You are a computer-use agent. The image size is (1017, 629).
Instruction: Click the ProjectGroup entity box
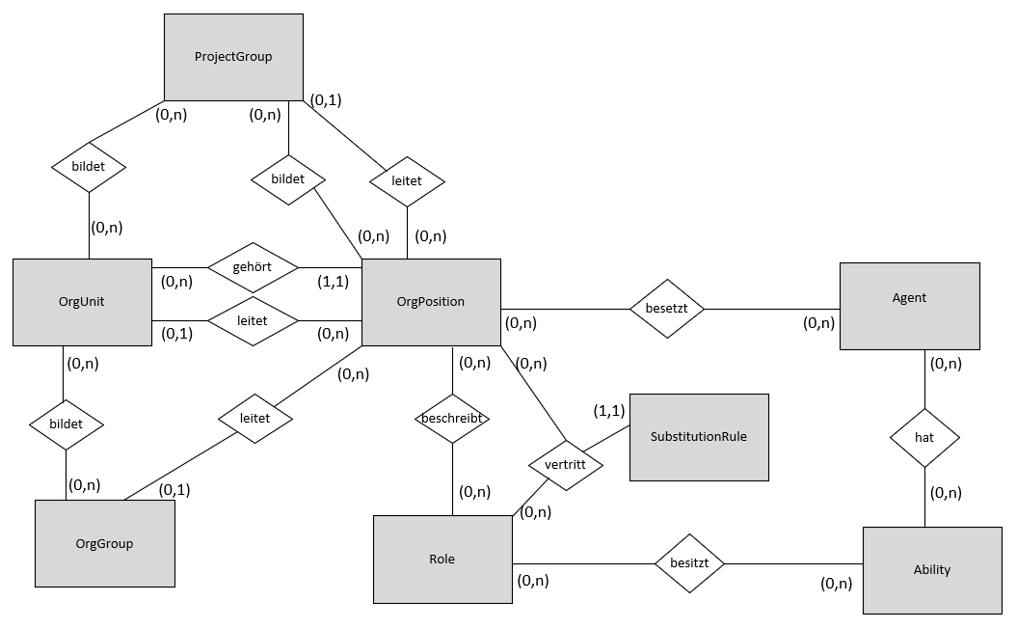tap(233, 57)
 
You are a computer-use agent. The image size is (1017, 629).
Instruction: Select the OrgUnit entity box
tap(82, 302)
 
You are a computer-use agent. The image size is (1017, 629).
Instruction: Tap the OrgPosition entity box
tap(431, 302)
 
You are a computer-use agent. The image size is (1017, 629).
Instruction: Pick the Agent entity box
tap(909, 306)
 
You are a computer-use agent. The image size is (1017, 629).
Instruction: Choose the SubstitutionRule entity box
tap(699, 437)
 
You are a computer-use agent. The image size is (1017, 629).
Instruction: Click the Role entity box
tap(443, 559)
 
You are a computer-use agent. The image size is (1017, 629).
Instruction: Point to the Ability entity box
tap(932, 570)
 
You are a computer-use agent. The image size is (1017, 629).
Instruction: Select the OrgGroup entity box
tap(104, 543)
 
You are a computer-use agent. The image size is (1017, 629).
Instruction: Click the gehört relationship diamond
tap(253, 267)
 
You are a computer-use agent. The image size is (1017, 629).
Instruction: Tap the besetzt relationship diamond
tap(667, 309)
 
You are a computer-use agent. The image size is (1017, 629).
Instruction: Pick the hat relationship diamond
tap(924, 438)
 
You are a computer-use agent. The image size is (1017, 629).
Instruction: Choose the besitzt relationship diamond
tap(689, 562)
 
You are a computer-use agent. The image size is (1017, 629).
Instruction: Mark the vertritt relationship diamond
tap(566, 464)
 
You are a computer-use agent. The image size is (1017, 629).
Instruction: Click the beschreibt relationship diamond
tap(452, 418)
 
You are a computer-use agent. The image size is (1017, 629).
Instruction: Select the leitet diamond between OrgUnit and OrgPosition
tap(253, 320)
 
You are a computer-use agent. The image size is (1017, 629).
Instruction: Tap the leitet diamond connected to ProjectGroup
tap(407, 181)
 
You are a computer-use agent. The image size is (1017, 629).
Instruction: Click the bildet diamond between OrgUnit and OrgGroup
tap(67, 424)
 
